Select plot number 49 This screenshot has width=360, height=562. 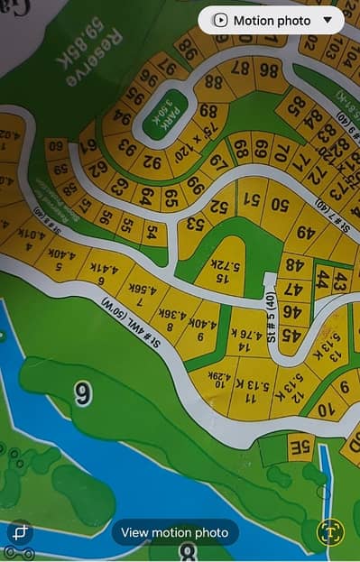[x=306, y=232]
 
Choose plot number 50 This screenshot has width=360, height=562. [x=280, y=204]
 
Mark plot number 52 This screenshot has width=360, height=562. [x=219, y=207]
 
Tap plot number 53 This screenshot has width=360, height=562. [x=193, y=222]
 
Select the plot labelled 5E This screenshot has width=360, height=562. [x=300, y=446]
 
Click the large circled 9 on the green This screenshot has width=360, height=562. [x=83, y=393]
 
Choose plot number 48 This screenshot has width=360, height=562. [x=292, y=265]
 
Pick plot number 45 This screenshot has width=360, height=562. [x=291, y=335]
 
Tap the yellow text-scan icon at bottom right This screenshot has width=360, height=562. [x=330, y=532]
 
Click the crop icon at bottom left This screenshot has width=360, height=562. [x=19, y=532]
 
